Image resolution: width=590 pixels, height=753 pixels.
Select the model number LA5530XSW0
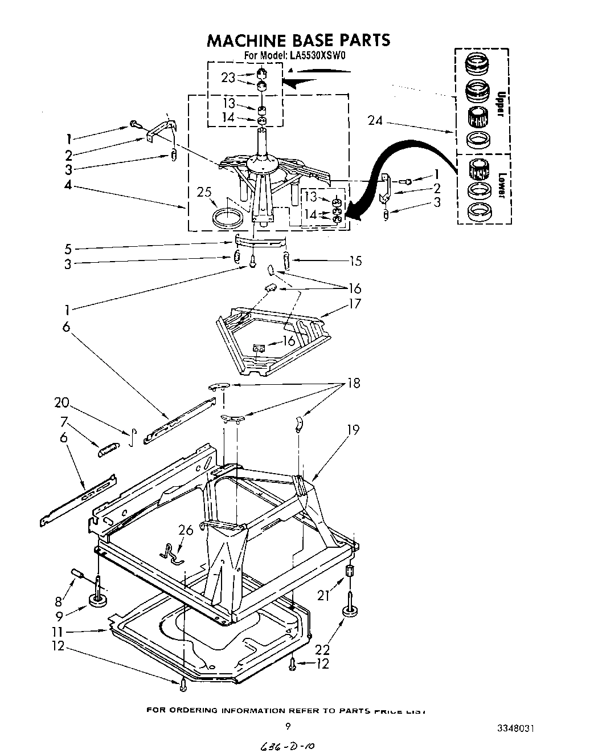point(311,56)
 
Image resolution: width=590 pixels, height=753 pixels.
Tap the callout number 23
point(228,78)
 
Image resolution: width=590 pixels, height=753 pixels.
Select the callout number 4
point(69,185)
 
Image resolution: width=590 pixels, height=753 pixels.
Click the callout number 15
point(355,261)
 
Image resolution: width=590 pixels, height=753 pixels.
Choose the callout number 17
point(355,303)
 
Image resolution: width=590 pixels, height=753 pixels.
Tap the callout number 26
point(186,530)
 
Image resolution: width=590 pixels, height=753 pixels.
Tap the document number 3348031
point(515,728)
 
